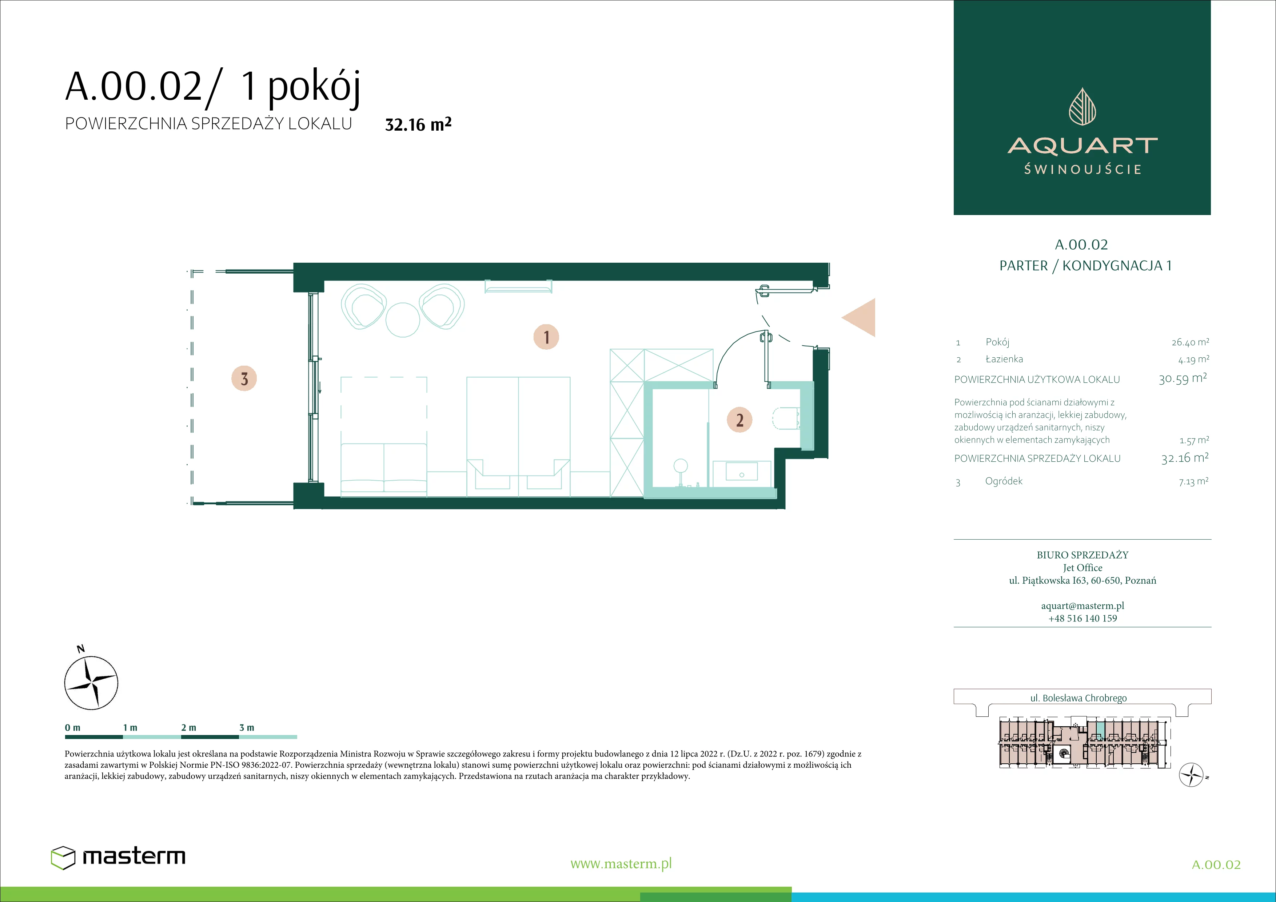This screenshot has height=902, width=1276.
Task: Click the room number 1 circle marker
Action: [546, 337]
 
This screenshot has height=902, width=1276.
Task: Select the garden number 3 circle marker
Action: [244, 379]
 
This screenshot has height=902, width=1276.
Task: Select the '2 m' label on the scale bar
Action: [188, 727]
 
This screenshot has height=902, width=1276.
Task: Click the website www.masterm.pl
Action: [621, 864]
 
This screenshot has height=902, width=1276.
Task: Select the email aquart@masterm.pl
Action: [1082, 606]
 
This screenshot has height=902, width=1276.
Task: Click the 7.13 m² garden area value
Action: [1193, 481]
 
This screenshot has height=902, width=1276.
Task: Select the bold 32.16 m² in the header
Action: [418, 124]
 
